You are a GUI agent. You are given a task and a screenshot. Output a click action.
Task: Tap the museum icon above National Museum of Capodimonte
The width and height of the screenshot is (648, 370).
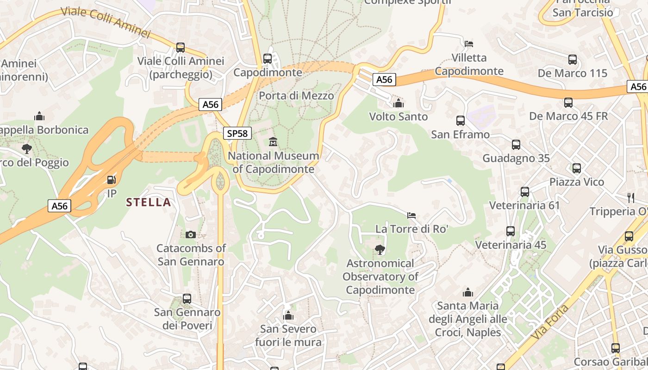(273, 142)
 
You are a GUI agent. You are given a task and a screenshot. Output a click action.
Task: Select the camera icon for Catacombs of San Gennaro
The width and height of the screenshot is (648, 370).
(190, 235)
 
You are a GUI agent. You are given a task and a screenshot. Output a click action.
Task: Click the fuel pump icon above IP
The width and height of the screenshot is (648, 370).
(111, 179)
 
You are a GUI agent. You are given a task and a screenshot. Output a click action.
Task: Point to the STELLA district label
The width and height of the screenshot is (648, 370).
(149, 202)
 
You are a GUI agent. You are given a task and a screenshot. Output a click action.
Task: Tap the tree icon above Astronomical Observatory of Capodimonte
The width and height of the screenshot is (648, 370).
(380, 250)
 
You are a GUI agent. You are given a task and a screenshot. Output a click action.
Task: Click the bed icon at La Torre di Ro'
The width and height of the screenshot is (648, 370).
(411, 215)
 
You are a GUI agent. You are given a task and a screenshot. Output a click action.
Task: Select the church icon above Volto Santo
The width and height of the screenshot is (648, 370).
(398, 103)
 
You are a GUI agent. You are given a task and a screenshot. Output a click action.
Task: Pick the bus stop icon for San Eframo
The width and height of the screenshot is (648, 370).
(460, 121)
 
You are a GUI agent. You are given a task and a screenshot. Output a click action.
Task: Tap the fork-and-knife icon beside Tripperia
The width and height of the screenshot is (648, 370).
(630, 198)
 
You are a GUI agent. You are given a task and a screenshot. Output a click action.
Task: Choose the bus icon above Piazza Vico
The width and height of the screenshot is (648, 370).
(576, 168)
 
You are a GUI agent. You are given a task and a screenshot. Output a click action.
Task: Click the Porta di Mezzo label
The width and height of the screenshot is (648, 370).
(296, 96)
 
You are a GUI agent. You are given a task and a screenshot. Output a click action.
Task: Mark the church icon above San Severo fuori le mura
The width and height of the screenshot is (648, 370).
(288, 316)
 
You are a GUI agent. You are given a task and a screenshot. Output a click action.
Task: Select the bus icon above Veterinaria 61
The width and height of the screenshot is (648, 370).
(524, 191)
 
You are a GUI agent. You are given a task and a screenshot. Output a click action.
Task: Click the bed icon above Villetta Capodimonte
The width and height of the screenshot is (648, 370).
(469, 44)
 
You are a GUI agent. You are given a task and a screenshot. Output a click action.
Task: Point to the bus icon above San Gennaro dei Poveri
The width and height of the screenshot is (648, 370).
(187, 299)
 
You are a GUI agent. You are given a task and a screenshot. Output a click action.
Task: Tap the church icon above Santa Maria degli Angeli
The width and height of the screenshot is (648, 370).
(467, 292)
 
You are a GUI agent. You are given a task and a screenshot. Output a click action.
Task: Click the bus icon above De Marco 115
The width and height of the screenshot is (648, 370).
(573, 60)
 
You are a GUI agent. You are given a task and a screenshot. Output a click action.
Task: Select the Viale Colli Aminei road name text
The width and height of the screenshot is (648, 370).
(106, 22)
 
